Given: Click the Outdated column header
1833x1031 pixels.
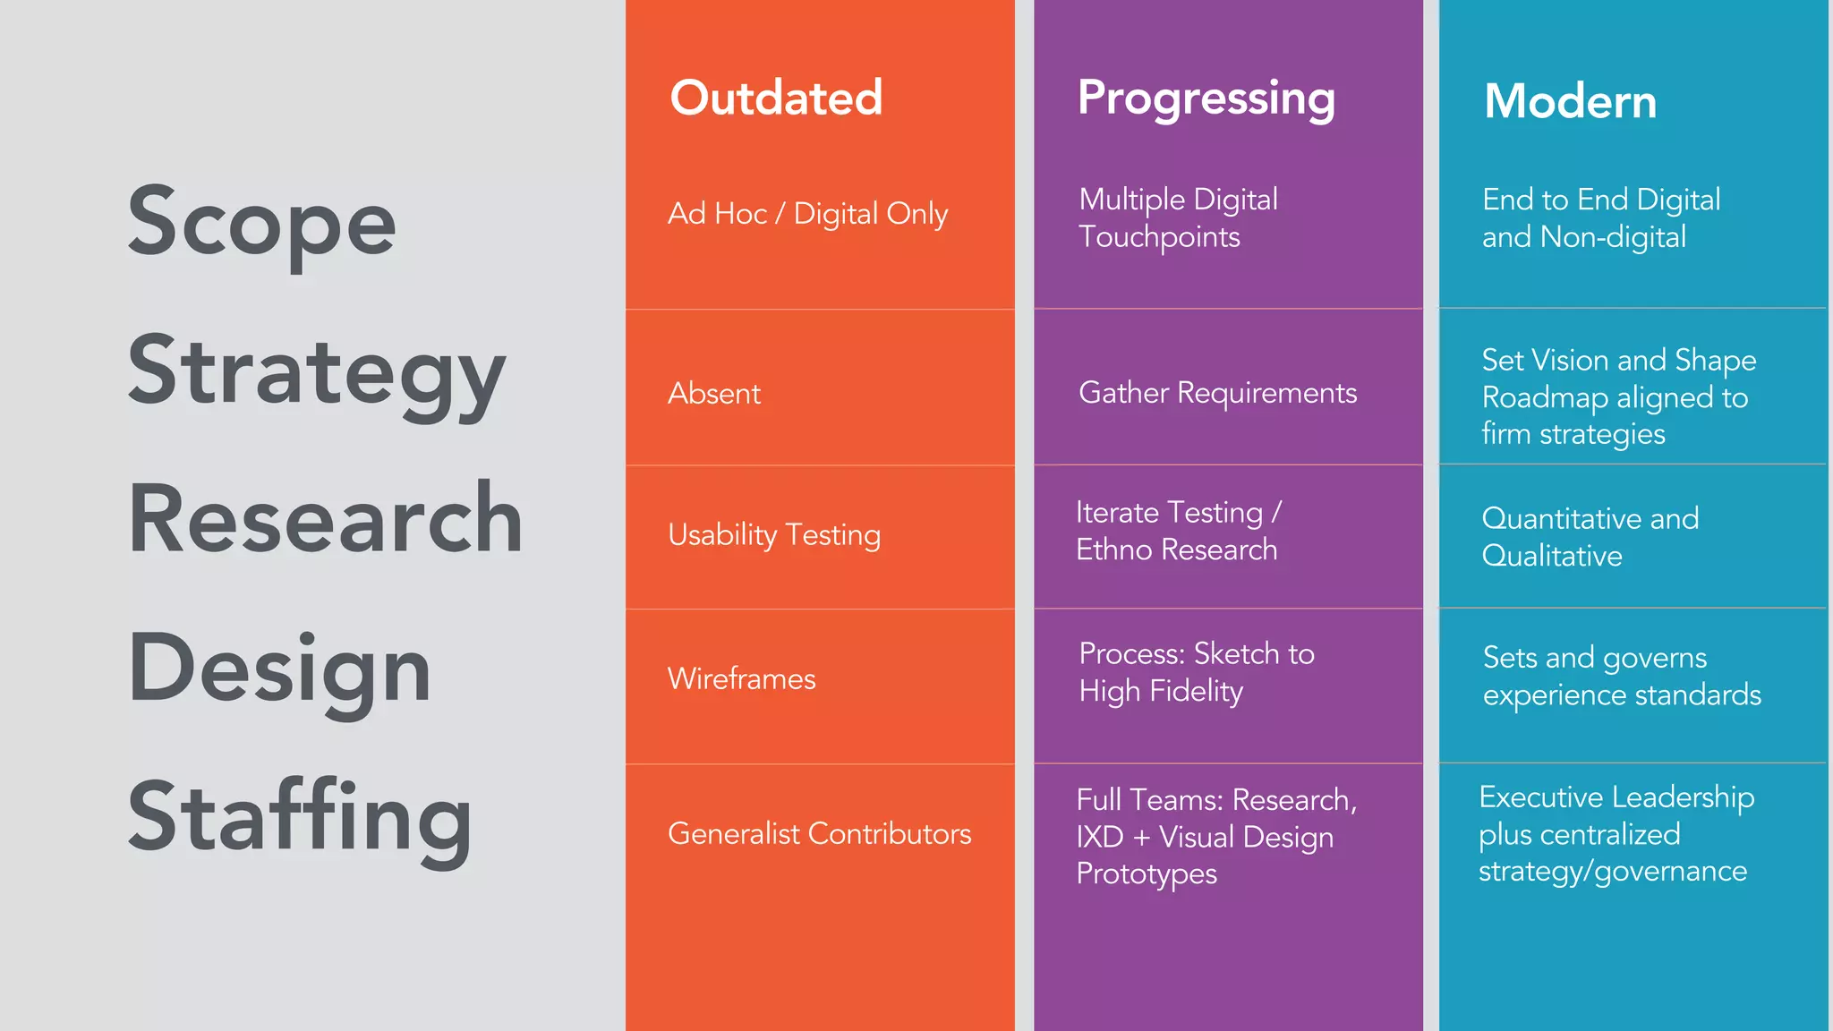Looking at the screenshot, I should pos(776,98).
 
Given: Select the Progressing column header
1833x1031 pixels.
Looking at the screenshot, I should pos(1206,98).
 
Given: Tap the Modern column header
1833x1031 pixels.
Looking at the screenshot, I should pos(1570,101).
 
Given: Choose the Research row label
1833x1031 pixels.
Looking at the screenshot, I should pos(326,519).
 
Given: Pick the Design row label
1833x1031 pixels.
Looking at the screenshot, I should pos(279,669).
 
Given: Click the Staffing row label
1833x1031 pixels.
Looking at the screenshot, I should pos(300,817).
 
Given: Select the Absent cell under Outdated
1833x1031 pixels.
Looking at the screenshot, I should pos(714,394).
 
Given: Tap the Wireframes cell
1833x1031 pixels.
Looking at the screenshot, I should pos(741,679).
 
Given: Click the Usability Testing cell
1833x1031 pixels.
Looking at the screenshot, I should pos(774,535).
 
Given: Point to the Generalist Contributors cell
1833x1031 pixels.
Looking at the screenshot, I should pos(819,834).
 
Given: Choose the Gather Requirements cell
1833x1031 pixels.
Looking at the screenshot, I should pos(1217,393).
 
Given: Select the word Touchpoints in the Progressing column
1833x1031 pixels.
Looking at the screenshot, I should pos(1159,237).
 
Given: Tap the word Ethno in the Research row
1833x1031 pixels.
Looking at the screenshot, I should pos(1114,550).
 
